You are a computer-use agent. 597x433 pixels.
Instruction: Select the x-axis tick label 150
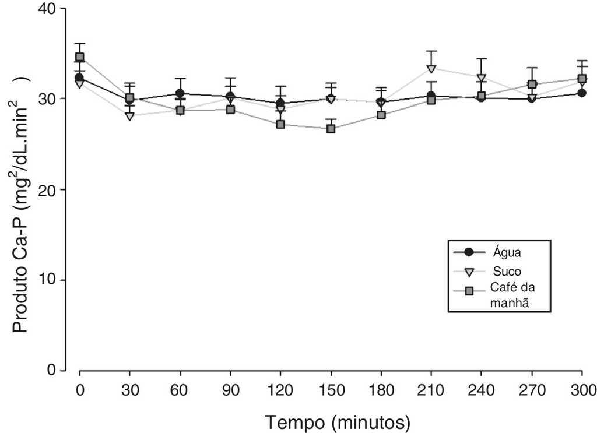(331, 389)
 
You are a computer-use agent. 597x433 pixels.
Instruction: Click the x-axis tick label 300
(582, 389)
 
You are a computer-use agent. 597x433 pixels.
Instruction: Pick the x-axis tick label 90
(230, 389)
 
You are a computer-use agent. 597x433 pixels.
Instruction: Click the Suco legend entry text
(506, 271)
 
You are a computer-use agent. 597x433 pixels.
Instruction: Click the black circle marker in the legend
(468, 252)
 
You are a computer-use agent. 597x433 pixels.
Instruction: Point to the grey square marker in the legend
(468, 291)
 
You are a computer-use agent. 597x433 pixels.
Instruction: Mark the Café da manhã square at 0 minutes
(80, 57)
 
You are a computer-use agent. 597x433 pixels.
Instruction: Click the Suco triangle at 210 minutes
(431, 69)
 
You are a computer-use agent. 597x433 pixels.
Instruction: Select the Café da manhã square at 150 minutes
(331, 128)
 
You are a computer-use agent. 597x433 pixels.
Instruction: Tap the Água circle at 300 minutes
(582, 93)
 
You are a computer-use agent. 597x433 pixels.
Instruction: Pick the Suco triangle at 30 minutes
(129, 116)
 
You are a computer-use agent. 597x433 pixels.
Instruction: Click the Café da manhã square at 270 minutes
(532, 85)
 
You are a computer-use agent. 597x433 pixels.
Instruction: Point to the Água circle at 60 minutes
(180, 93)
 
